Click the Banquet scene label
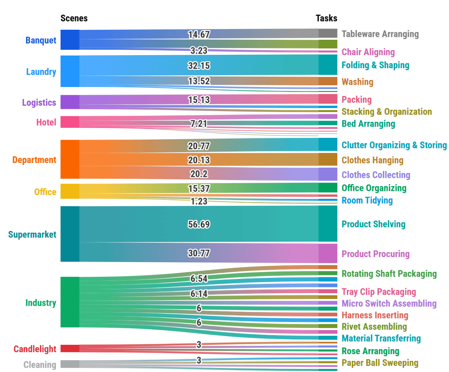41,40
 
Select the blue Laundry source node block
70,71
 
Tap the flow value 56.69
199,224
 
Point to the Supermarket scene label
32,235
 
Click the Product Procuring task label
375,254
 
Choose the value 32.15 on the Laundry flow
199,66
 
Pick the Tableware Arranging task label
380,34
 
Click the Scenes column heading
74,18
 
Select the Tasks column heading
326,18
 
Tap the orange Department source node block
70,159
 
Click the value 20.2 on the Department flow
199,174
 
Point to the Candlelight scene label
35,349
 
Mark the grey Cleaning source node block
70,364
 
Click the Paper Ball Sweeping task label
380,363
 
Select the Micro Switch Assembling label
389,304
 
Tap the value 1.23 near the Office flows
199,202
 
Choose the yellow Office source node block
70,191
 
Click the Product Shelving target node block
328,224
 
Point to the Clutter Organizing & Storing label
394,145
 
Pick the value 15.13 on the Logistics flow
199,100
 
